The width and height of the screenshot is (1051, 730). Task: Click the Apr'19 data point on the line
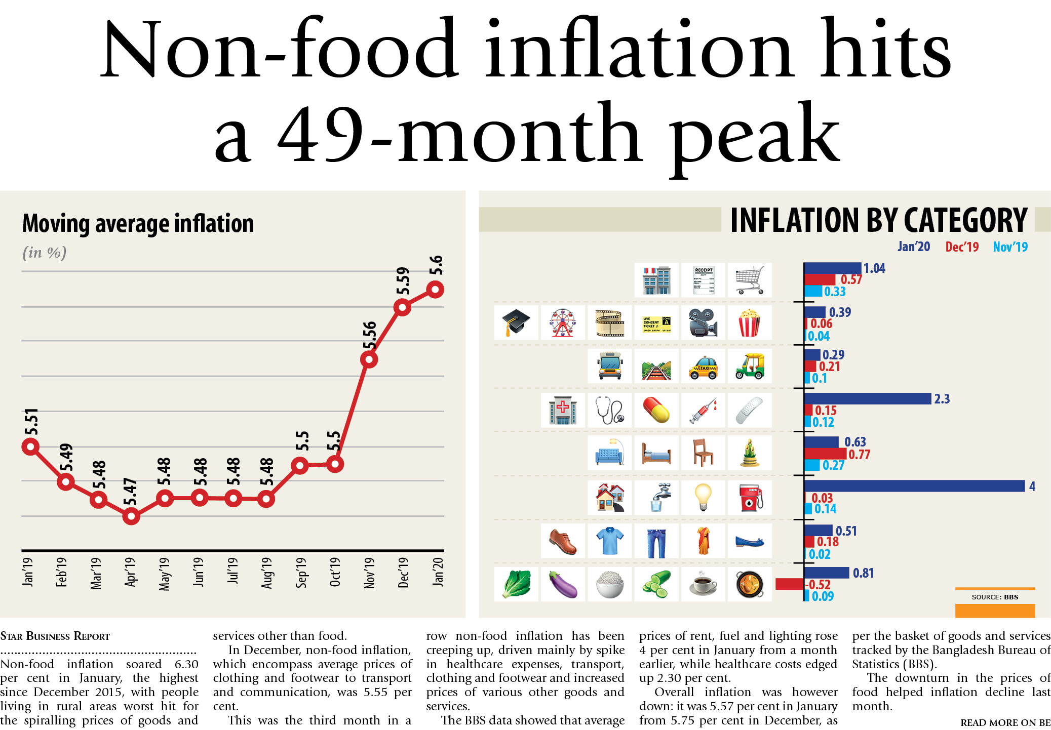[131, 516]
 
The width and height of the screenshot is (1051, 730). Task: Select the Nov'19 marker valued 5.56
[369, 360]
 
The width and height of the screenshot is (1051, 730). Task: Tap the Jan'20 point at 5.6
[435, 290]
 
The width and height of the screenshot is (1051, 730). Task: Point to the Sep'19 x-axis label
[301, 573]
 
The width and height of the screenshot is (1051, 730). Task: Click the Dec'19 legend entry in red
[962, 247]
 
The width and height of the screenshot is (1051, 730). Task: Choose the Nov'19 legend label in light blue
[1010, 247]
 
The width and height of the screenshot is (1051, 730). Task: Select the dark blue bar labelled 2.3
[868, 399]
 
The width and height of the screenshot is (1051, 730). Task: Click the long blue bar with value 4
[914, 486]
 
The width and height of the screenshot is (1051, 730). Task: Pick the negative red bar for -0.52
[790, 584]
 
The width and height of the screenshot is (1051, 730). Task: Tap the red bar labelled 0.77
[825, 454]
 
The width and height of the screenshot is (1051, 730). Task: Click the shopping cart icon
[750, 280]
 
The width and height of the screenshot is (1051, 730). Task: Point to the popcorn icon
[750, 322]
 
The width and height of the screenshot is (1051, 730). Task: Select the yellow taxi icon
[703, 367]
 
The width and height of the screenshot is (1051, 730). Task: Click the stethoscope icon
[610, 410]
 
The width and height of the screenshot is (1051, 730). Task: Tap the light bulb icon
[703, 497]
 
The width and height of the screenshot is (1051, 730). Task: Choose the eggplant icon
[563, 584]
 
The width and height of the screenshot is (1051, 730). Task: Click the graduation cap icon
[516, 322]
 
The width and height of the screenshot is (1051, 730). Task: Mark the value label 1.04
[874, 268]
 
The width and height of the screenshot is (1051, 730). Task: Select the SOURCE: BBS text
[995, 597]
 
